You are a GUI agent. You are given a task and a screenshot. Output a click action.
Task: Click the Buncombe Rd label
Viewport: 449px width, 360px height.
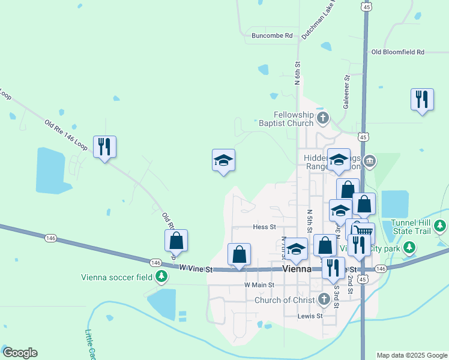pyautogui.click(x=272, y=35)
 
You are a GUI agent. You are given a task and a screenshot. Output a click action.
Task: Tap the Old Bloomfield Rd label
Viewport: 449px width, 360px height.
pyautogui.click(x=397, y=52)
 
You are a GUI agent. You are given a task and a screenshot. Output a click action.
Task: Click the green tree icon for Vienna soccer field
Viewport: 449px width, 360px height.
pyautogui.click(x=161, y=277)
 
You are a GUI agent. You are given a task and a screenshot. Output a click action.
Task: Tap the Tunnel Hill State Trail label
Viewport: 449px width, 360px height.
pyautogui.click(x=412, y=227)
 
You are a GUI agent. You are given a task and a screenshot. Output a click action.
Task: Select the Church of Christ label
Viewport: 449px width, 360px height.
pyautogui.click(x=285, y=300)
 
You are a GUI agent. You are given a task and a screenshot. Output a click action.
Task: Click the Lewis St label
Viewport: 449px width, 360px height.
pyautogui.click(x=310, y=316)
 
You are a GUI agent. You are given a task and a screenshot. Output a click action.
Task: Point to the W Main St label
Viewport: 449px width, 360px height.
pyautogui.click(x=259, y=284)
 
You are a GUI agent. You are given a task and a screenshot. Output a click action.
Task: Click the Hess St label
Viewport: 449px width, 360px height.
pyautogui.click(x=264, y=227)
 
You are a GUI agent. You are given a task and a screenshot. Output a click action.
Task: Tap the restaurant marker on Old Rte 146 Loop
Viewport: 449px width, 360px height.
pyautogui.click(x=105, y=146)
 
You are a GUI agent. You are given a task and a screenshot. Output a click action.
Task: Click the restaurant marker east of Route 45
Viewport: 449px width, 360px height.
pyautogui.click(x=422, y=100)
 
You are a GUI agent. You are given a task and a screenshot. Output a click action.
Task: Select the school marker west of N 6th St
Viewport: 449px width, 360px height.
pyautogui.click(x=223, y=160)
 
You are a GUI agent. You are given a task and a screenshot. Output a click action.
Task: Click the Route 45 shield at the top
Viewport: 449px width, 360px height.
pyautogui.click(x=366, y=6)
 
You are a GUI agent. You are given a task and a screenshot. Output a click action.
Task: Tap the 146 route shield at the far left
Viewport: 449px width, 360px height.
pyautogui.click(x=50, y=238)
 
